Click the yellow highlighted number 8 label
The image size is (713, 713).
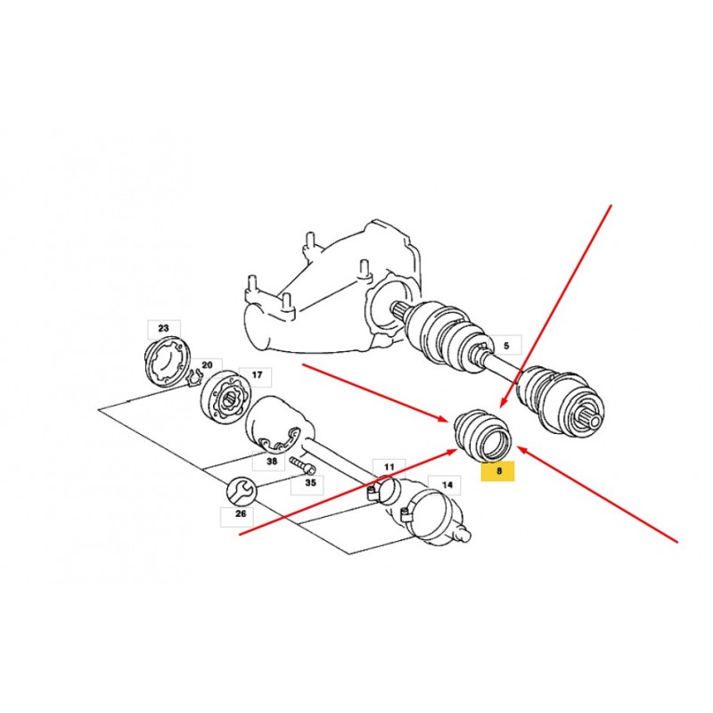click(x=498, y=471)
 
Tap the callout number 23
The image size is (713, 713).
click(x=164, y=328)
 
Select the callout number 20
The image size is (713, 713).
click(x=207, y=365)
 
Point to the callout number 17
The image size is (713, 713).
click(x=257, y=375)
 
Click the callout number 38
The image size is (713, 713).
click(x=272, y=462)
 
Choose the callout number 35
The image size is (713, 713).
click(x=310, y=482)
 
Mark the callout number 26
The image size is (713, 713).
click(x=241, y=514)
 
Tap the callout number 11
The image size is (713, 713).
click(x=389, y=467)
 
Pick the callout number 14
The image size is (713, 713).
click(x=447, y=485)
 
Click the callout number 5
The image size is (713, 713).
click(x=506, y=346)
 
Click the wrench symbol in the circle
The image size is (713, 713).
click(x=242, y=492)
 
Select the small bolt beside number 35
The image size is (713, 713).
click(x=301, y=464)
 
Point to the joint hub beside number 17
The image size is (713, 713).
click(x=226, y=397)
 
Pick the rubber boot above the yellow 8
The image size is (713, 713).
click(x=483, y=435)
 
